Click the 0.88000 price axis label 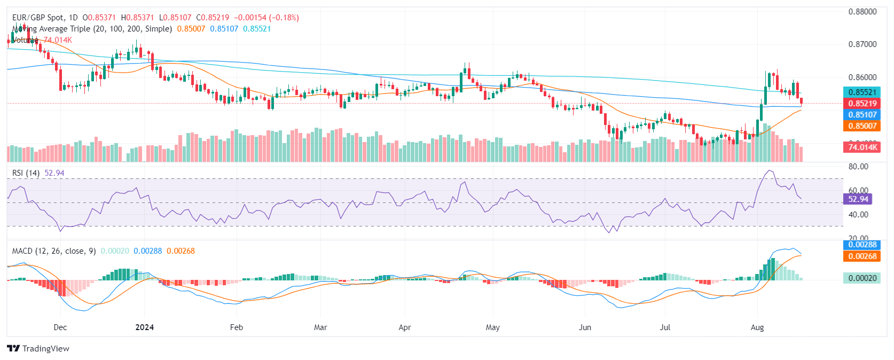click(x=862, y=12)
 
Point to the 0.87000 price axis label click(x=862, y=44)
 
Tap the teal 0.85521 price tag click(x=862, y=92)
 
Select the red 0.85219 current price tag click(x=862, y=104)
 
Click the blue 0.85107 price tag click(x=862, y=115)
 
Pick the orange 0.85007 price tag click(x=862, y=126)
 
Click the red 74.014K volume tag click(x=862, y=147)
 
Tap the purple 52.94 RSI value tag click(x=858, y=199)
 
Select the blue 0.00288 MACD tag click(x=862, y=245)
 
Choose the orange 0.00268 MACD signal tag click(x=862, y=256)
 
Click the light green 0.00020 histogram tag click(x=862, y=278)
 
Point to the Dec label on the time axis click(x=60, y=327)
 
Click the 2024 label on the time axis click(x=145, y=327)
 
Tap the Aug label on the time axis click(x=757, y=327)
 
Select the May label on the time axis click(x=493, y=327)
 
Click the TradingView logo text click(x=45, y=349)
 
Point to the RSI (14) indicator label click(x=26, y=173)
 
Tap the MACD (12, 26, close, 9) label click(x=54, y=251)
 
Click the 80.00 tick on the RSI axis click(x=858, y=167)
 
